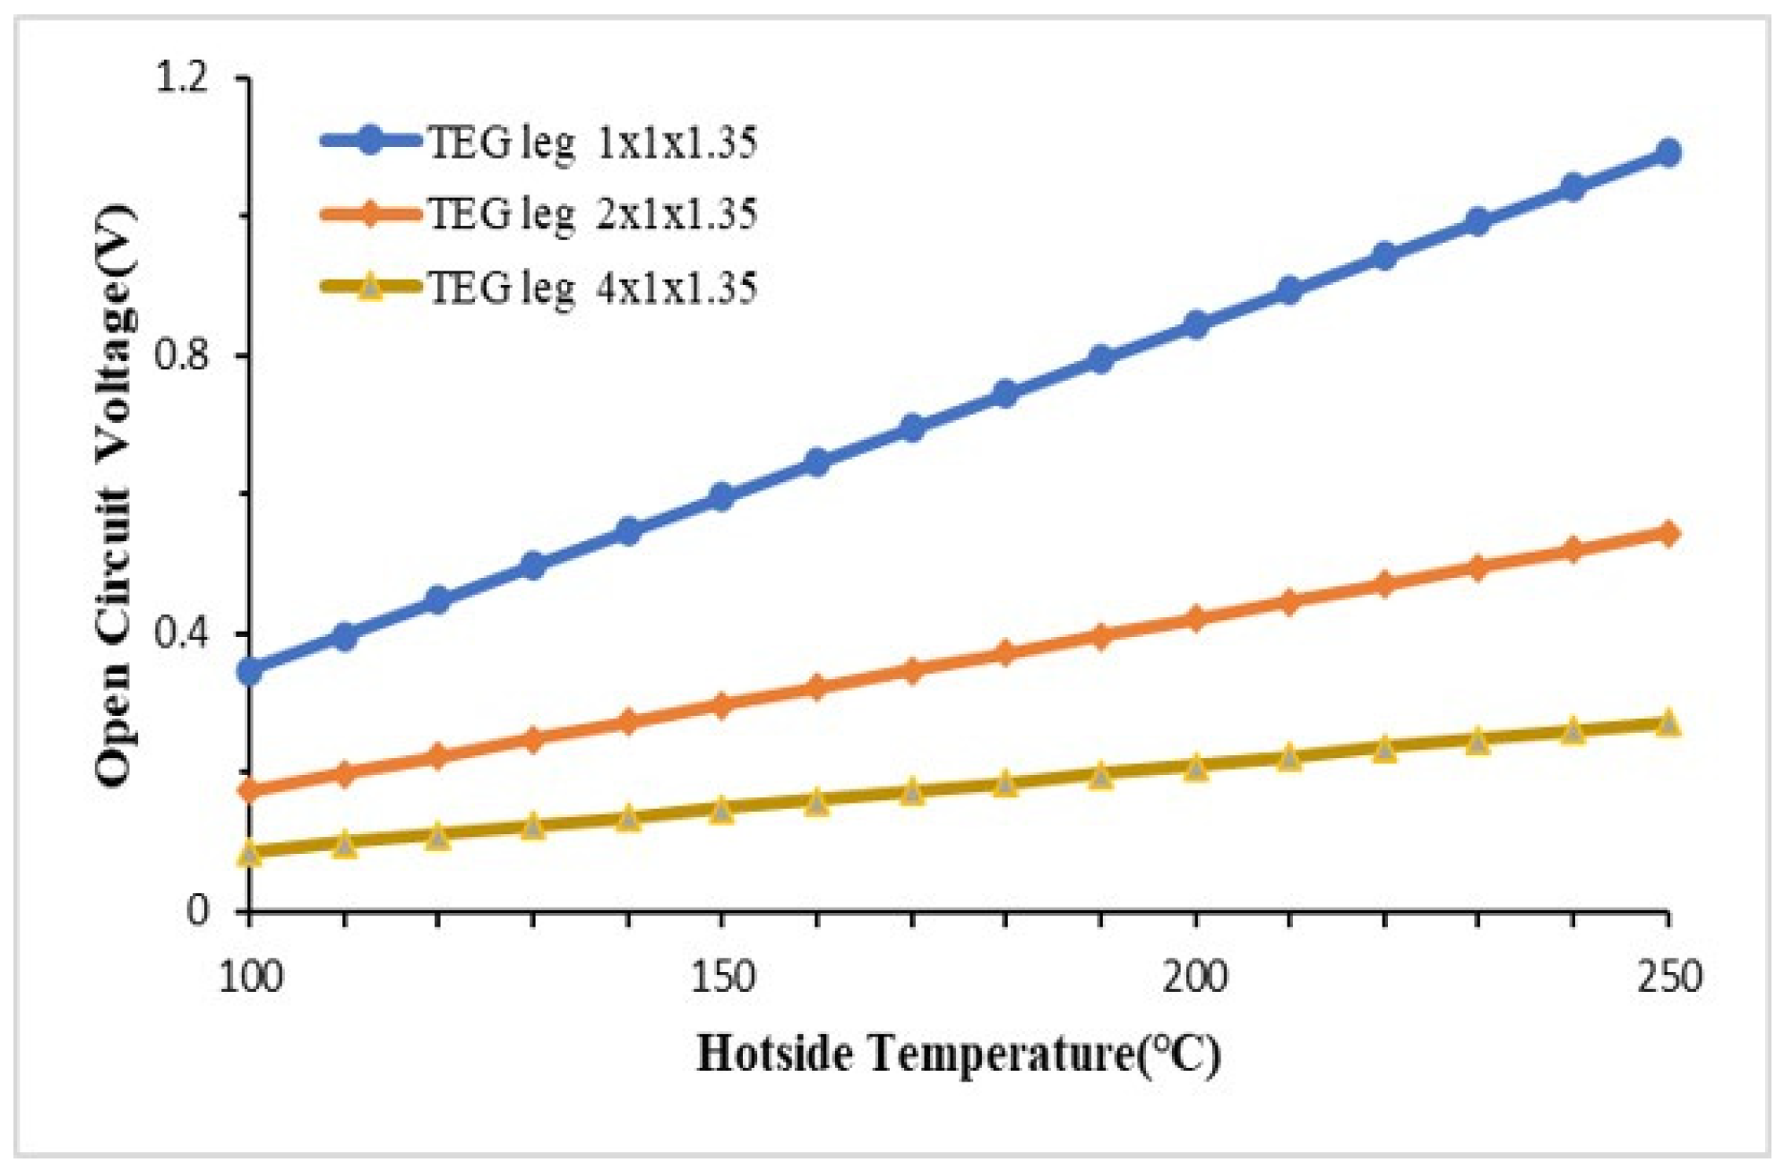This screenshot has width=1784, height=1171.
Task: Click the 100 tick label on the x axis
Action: pos(250,977)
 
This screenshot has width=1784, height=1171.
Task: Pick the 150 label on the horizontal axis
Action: pos(722,977)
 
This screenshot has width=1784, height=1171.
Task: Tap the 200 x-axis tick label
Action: pos(1194,977)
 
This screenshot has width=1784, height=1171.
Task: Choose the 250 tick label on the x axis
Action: pos(1668,977)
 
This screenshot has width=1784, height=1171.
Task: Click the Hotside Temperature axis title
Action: pos(958,1054)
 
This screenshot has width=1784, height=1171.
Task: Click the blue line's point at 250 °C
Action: pos(1668,152)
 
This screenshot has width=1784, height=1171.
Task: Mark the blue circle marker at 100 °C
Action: pos(250,671)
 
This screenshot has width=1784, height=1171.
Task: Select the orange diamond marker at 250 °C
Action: pos(1668,534)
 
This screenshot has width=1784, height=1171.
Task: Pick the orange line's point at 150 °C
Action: pos(722,704)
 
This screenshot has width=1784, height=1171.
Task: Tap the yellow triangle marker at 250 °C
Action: pos(1668,723)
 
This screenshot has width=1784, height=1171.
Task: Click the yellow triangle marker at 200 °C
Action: pos(1194,767)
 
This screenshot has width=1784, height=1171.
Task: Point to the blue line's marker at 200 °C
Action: pos(1194,324)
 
